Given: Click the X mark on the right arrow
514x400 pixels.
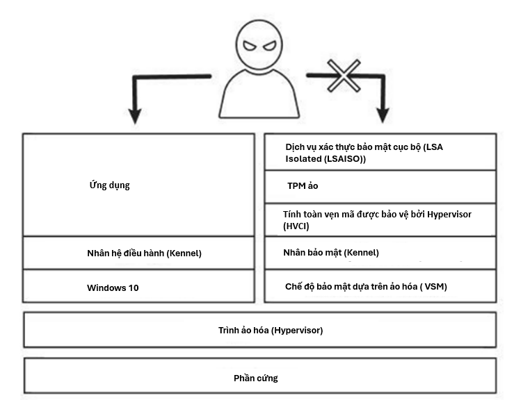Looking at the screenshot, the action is (x=344, y=76).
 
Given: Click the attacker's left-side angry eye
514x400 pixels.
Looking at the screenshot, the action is (x=250, y=46).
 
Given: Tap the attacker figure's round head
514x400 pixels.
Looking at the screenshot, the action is (x=259, y=44).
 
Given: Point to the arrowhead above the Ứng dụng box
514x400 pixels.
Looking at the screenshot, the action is (x=135, y=116).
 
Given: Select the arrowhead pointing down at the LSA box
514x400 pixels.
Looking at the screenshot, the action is (x=383, y=115).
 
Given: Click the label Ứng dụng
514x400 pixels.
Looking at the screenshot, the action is (x=109, y=185).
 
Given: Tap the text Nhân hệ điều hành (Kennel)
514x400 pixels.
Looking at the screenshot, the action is (x=144, y=253).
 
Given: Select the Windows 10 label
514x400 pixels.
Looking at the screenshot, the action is (x=113, y=287).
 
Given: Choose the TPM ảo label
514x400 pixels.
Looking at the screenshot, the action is (x=303, y=186).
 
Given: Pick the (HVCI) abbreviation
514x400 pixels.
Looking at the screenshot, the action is (x=296, y=226).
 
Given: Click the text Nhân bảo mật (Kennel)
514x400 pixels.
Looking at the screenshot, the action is (x=331, y=253).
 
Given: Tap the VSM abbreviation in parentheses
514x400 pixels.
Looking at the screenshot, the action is (x=435, y=287).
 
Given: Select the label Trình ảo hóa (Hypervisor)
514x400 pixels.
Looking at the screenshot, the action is (x=271, y=331).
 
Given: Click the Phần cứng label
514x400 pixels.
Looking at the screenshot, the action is (x=256, y=378).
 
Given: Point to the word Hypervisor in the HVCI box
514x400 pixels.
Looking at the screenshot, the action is (x=449, y=215).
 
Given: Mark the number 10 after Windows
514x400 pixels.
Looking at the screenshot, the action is (x=134, y=287).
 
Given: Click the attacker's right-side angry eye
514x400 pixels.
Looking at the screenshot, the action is (x=269, y=46).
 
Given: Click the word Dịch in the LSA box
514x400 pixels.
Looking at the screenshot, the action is (x=294, y=147).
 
